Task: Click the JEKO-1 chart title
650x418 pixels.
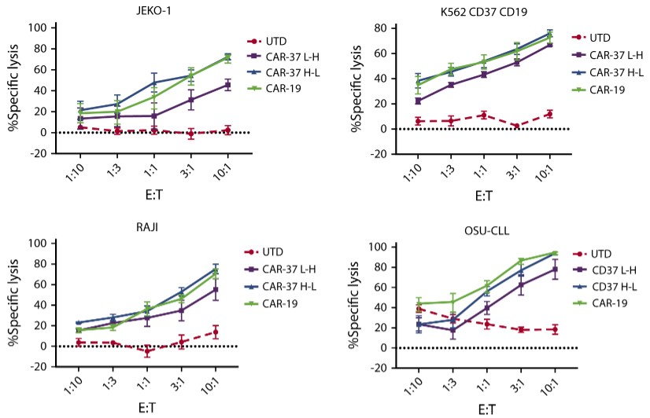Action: pyautogui.click(x=131, y=9)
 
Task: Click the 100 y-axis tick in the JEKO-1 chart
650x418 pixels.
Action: pyautogui.click(x=35, y=28)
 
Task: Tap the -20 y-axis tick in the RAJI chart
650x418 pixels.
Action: pyautogui.click(x=34, y=366)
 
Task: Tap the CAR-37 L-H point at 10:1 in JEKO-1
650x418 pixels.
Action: pyautogui.click(x=227, y=85)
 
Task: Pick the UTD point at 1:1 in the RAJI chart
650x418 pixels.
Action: pyautogui.click(x=146, y=351)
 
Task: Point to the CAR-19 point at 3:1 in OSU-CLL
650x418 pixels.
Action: pyautogui.click(x=521, y=261)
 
